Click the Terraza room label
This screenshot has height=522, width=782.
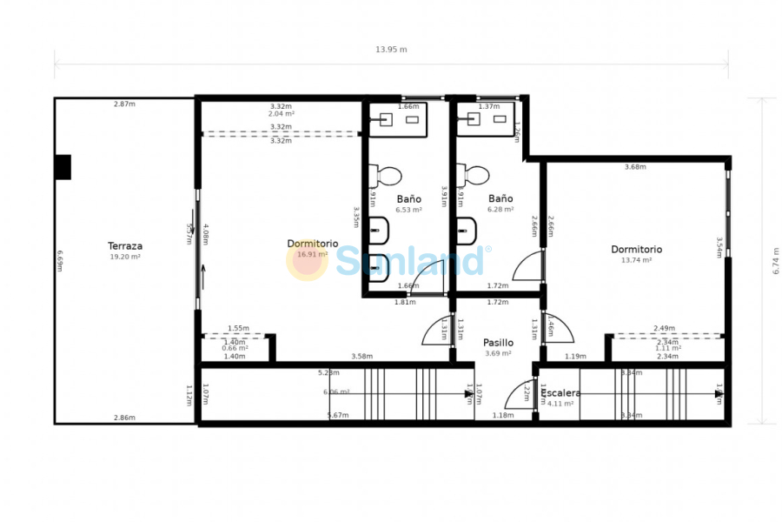point(125,246)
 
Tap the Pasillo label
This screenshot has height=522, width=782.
point(498,343)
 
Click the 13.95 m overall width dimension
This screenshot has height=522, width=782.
point(391,50)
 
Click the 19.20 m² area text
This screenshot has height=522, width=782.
point(125,258)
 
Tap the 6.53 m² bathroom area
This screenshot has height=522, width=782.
point(408,210)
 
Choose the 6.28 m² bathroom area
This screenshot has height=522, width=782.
point(500,210)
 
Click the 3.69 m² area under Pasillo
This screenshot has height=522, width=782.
point(498,353)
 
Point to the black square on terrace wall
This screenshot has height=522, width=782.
point(63,167)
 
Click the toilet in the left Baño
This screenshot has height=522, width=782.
point(385,175)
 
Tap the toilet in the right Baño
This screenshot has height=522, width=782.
point(475,175)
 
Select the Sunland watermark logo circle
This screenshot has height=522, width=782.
point(307,260)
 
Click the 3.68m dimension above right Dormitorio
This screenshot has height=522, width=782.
point(635,167)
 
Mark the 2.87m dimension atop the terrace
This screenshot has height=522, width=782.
point(124,104)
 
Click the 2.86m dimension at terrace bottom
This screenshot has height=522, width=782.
point(124,418)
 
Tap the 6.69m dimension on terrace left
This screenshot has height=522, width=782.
point(60,261)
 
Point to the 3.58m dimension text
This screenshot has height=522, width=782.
point(361,356)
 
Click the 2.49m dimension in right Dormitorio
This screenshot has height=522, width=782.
point(665,329)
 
